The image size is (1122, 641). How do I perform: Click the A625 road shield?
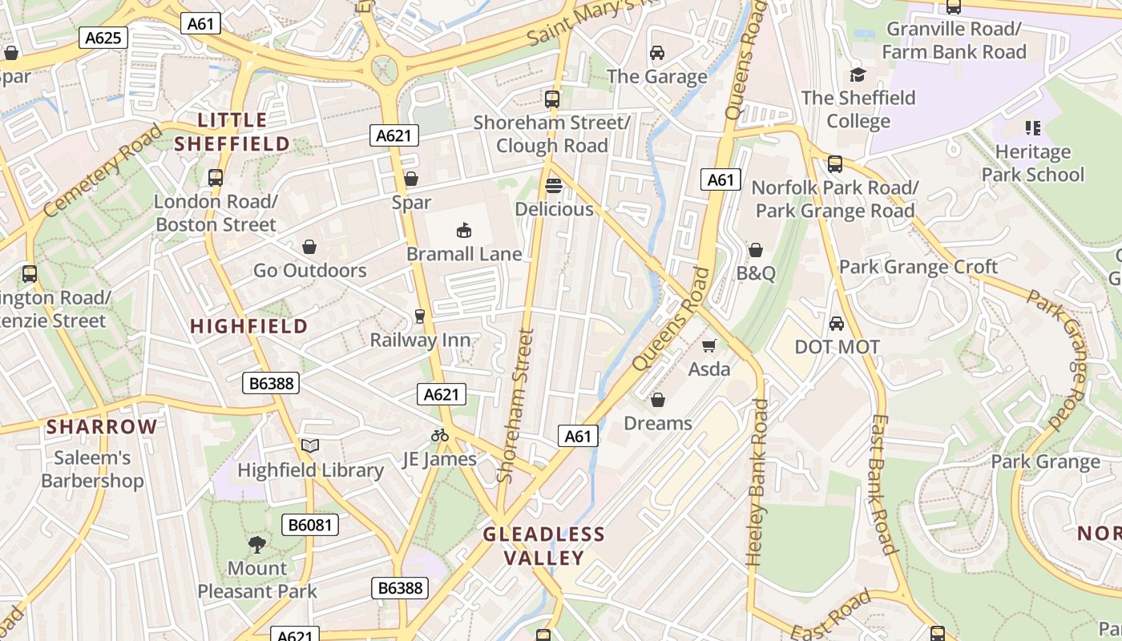click(x=103, y=38)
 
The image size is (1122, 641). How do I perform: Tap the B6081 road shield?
click(x=310, y=526)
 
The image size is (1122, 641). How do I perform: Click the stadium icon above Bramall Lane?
click(x=463, y=231)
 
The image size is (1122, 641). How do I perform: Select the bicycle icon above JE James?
click(x=440, y=435)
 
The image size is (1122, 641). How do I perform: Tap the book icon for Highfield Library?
click(x=310, y=445)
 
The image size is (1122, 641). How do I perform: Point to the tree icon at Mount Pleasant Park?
click(x=257, y=545)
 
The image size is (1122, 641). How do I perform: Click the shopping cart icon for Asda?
click(x=708, y=345)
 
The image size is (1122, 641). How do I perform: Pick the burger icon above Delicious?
click(x=553, y=186)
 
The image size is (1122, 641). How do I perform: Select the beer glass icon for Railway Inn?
click(x=419, y=316)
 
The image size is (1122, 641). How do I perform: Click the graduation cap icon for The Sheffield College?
click(x=858, y=75)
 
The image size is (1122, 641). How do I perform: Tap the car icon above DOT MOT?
click(x=837, y=324)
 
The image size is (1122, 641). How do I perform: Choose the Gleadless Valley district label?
click(x=543, y=546)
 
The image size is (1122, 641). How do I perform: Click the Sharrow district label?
click(x=102, y=426)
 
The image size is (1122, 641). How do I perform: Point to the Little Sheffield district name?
click(x=232, y=132)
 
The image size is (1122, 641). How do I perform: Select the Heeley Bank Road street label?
click(x=757, y=483)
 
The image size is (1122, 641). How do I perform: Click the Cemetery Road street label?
click(x=102, y=171)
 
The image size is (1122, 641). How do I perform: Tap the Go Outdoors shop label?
click(x=309, y=270)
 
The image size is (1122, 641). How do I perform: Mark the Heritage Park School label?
click(x=1032, y=163)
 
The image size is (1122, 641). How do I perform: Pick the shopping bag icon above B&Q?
click(x=755, y=250)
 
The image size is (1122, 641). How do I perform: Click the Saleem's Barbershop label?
click(x=92, y=470)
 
